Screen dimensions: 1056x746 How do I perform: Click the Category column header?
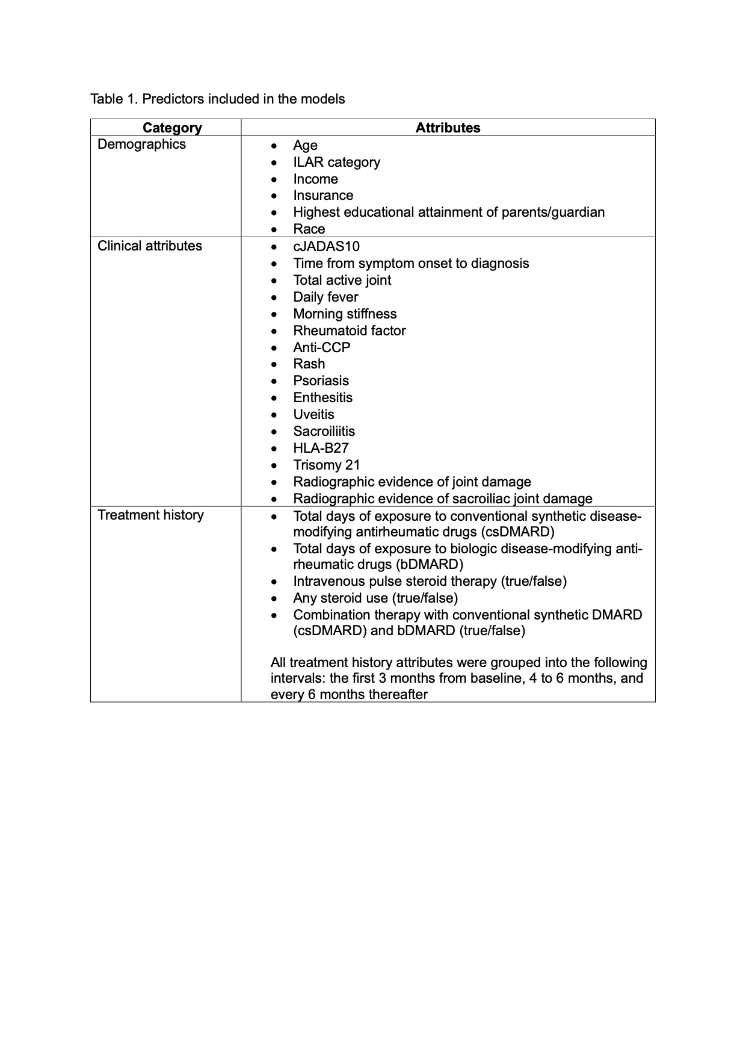pyautogui.click(x=172, y=128)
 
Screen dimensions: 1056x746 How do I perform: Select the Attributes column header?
pyautogui.click(x=448, y=128)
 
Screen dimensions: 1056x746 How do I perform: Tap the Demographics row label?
pyautogui.click(x=141, y=144)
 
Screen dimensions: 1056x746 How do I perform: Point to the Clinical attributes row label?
pyautogui.click(x=150, y=246)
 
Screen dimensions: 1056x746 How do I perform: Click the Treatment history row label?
pyautogui.click(x=150, y=515)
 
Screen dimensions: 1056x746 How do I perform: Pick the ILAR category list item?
pyautogui.click(x=336, y=162)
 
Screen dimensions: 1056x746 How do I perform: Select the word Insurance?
pyautogui.click(x=323, y=195)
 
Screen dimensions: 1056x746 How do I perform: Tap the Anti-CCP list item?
pyautogui.click(x=321, y=347)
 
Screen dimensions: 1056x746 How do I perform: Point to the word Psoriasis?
pyautogui.click(x=321, y=380)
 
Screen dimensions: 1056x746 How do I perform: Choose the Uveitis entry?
pyautogui.click(x=313, y=414)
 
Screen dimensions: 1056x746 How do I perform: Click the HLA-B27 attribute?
pyautogui.click(x=321, y=448)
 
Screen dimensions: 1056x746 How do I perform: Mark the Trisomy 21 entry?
pyautogui.click(x=326, y=465)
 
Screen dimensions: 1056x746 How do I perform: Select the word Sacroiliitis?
pyautogui.click(x=324, y=431)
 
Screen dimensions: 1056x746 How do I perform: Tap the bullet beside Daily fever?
pyautogui.click(x=274, y=298)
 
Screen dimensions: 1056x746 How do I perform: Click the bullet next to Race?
pyautogui.click(x=274, y=230)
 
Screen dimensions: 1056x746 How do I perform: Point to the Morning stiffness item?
pyautogui.click(x=345, y=314)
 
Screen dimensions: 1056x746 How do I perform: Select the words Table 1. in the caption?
pyautogui.click(x=114, y=99)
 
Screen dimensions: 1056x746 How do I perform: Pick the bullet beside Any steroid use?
pyautogui.click(x=274, y=599)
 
